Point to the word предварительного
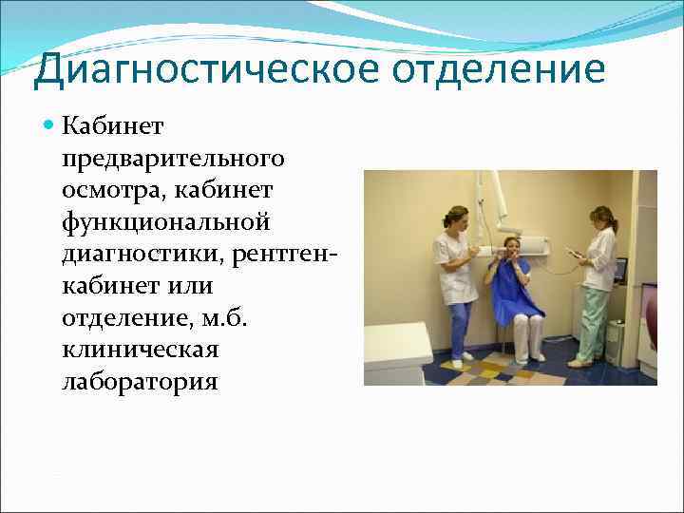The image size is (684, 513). (x=173, y=156)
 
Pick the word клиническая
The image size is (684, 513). (x=141, y=350)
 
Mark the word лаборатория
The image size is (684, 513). (x=140, y=382)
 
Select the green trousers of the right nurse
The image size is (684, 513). (x=594, y=322)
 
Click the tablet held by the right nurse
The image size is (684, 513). (x=575, y=253)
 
